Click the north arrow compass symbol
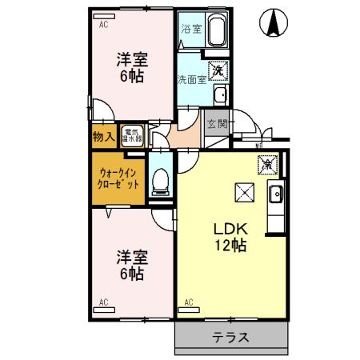pyautogui.click(x=272, y=23)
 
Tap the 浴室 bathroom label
pyautogui.click(x=190, y=29)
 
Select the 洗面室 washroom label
pyautogui.click(x=192, y=78)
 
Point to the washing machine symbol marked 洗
pyautogui.click(x=218, y=70)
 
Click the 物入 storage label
pyautogui.click(x=103, y=136)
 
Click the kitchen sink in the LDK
pyautogui.click(x=275, y=194)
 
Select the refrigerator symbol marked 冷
pyautogui.click(x=266, y=164)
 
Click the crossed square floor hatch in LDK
pyautogui.click(x=242, y=193)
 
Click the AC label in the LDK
pyautogui.click(x=190, y=302)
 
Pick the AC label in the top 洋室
pyautogui.click(x=103, y=26)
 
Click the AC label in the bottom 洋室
pyautogui.click(x=103, y=302)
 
